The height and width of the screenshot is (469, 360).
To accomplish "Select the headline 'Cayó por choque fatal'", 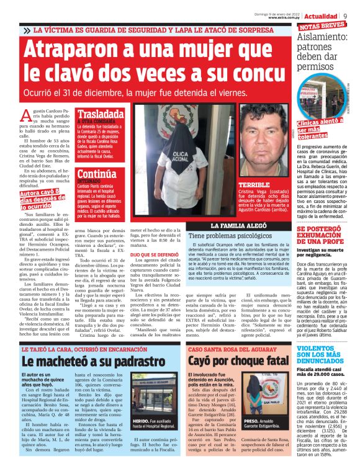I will pyautogui.click(x=237, y=361).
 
